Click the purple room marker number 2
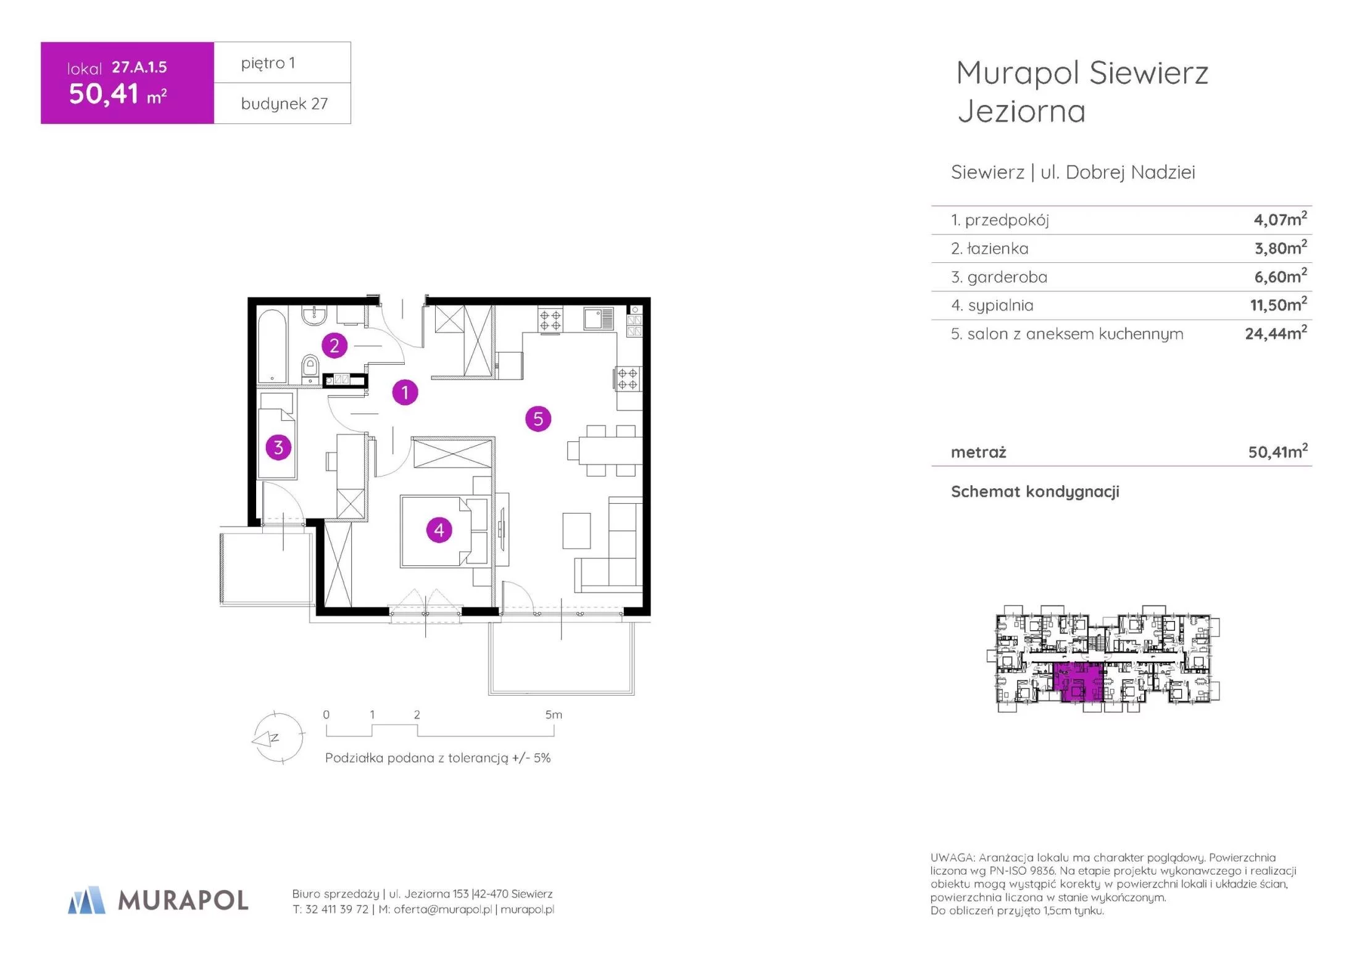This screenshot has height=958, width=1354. [x=334, y=346]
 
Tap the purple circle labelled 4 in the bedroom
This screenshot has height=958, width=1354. [x=439, y=530]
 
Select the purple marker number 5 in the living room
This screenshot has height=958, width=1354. [x=538, y=419]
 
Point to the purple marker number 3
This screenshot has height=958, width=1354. [x=278, y=447]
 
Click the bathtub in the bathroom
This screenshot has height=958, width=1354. [x=272, y=346]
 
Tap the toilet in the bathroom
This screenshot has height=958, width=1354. [x=310, y=369]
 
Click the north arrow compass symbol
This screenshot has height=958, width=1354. [x=278, y=738]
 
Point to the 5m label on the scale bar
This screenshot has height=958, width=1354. [x=554, y=715]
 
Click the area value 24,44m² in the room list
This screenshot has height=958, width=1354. [x=1276, y=333]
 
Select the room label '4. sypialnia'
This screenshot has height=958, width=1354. [x=992, y=306]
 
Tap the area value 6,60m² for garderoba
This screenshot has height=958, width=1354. [x=1281, y=276]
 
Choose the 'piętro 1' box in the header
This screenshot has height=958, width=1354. [x=283, y=62]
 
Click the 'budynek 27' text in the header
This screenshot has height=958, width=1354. [x=284, y=104]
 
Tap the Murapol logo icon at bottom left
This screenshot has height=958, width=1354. [x=86, y=900]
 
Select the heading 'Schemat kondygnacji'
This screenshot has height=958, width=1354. [x=1035, y=491]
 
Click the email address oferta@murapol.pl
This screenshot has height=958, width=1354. [x=442, y=909]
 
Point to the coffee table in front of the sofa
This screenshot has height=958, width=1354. [x=576, y=530]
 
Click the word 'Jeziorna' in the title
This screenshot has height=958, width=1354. [x=1021, y=112]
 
